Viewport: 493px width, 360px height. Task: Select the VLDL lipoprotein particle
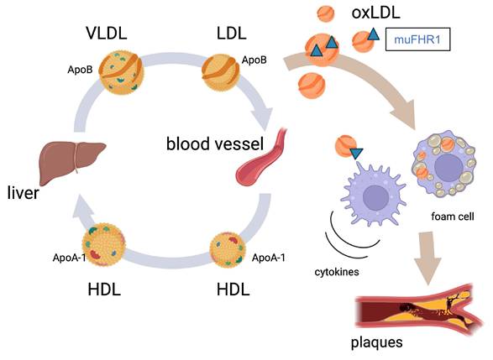coord(124,73)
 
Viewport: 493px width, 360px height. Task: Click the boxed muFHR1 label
coord(417,39)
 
